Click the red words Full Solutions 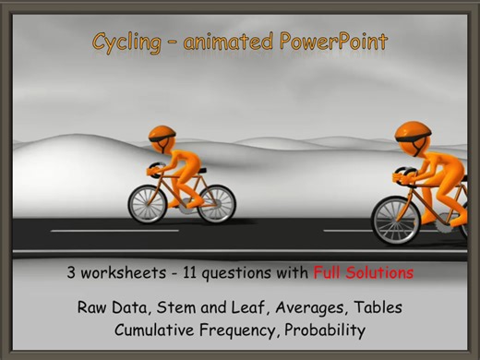click(x=363, y=273)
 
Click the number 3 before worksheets click(x=71, y=273)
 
